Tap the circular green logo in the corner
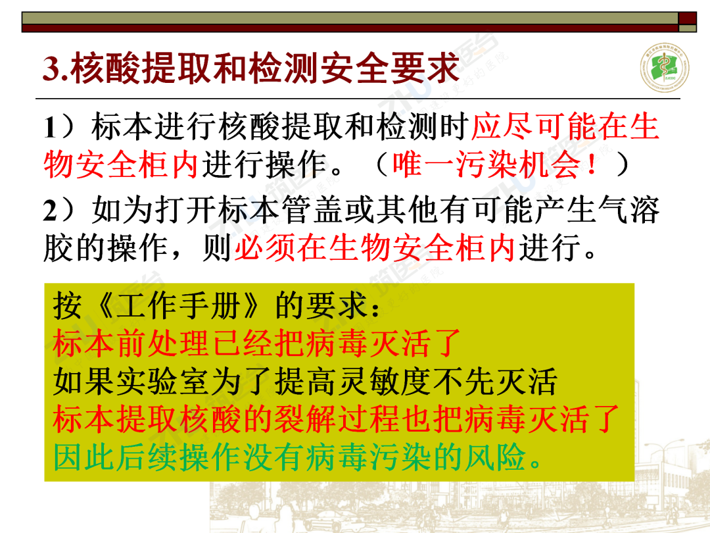point(664,68)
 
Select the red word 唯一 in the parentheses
point(423,164)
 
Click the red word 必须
point(265,247)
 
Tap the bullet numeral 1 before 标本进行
point(50,127)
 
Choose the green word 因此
point(83,457)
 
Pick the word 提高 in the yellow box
point(306,382)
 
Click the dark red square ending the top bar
point(687,18)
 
